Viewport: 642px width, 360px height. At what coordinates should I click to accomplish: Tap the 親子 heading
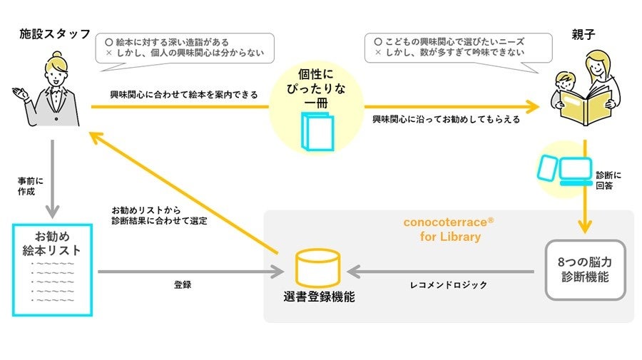coord(584,34)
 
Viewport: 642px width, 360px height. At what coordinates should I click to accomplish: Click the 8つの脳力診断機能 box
coord(585,269)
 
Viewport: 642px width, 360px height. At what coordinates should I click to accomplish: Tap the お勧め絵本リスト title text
coord(52,243)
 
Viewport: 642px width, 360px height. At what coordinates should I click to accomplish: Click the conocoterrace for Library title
coord(449,229)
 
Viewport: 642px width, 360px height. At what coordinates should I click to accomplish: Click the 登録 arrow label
coord(182,284)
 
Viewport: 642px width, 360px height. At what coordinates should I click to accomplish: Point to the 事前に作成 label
coord(27,187)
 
